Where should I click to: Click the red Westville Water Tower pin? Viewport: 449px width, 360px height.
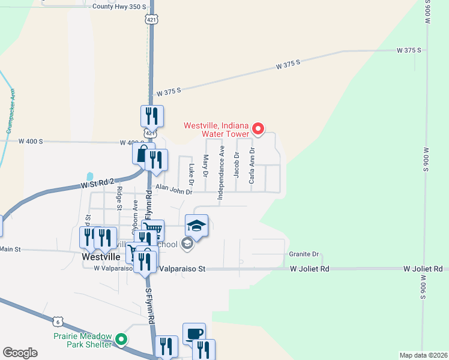pos(258,128)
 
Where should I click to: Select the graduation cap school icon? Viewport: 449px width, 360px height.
pos(196,226)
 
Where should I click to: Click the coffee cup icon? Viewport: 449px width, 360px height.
pos(194,334)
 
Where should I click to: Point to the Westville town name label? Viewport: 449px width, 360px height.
pos(101,256)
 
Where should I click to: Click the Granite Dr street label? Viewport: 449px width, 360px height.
pos(304,254)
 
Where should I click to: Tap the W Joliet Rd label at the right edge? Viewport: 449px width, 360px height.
pos(423,269)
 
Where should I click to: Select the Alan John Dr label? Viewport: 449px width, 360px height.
pos(173,190)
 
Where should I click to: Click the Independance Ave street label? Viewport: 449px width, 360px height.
pos(221,172)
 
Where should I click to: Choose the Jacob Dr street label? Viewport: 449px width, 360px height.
pos(237,163)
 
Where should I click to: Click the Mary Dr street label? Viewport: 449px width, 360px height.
pos(206,166)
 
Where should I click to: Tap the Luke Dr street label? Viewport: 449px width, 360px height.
pos(191,175)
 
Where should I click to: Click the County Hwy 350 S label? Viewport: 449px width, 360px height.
pos(120,7)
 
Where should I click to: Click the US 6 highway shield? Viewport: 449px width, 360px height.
pos(58,322)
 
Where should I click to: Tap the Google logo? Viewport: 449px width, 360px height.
pos(20,353)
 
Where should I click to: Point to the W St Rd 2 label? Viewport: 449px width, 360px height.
pos(97,184)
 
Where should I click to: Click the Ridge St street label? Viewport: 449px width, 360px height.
pos(119,198)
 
